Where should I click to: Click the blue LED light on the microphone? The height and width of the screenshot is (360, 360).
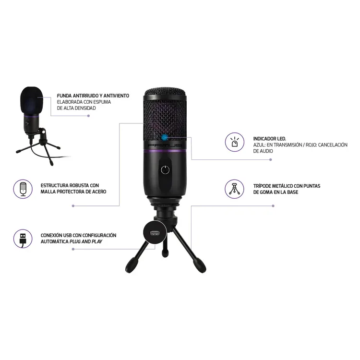(x=164, y=138)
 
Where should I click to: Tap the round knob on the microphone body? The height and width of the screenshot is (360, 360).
(x=165, y=170)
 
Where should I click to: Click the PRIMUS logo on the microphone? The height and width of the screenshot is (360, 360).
(x=165, y=145)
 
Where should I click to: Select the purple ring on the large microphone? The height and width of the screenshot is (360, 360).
(x=165, y=151)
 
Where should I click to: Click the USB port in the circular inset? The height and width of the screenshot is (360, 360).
(x=155, y=233)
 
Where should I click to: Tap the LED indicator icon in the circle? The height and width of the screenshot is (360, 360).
(x=234, y=142)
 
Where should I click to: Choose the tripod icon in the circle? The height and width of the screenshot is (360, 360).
(x=234, y=189)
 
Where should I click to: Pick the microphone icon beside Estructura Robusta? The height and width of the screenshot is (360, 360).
(x=23, y=189)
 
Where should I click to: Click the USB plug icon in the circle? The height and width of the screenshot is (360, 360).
(x=23, y=239)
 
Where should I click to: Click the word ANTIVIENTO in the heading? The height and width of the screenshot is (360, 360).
(x=116, y=96)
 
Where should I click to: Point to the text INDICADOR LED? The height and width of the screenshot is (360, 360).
(x=270, y=139)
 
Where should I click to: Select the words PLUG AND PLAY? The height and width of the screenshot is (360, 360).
(x=86, y=241)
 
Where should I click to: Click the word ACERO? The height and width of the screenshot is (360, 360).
(x=99, y=192)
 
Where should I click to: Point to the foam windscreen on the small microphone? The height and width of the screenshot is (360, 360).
(x=32, y=100)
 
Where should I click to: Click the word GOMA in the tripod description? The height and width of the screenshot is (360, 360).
(x=267, y=192)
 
